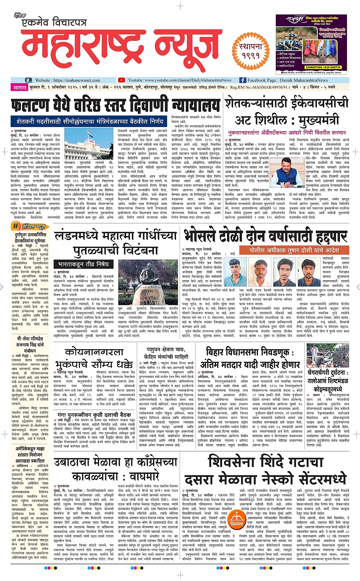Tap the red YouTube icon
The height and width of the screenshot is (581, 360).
(x=122, y=80)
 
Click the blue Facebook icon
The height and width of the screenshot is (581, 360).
(x=243, y=80)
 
